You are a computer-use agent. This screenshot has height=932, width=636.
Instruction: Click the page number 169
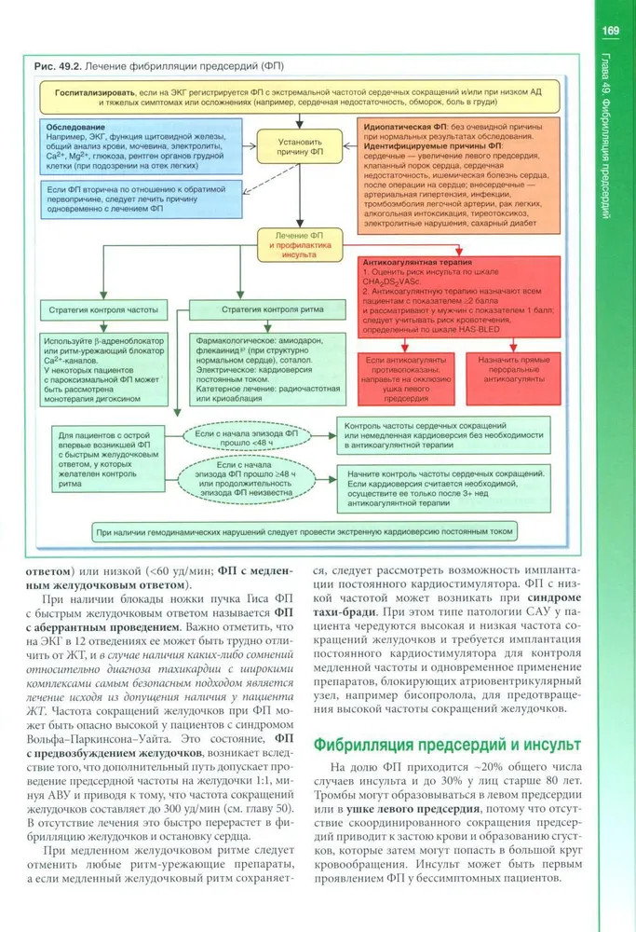click(x=611, y=31)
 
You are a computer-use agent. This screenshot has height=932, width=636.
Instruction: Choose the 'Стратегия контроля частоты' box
click(x=100, y=308)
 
